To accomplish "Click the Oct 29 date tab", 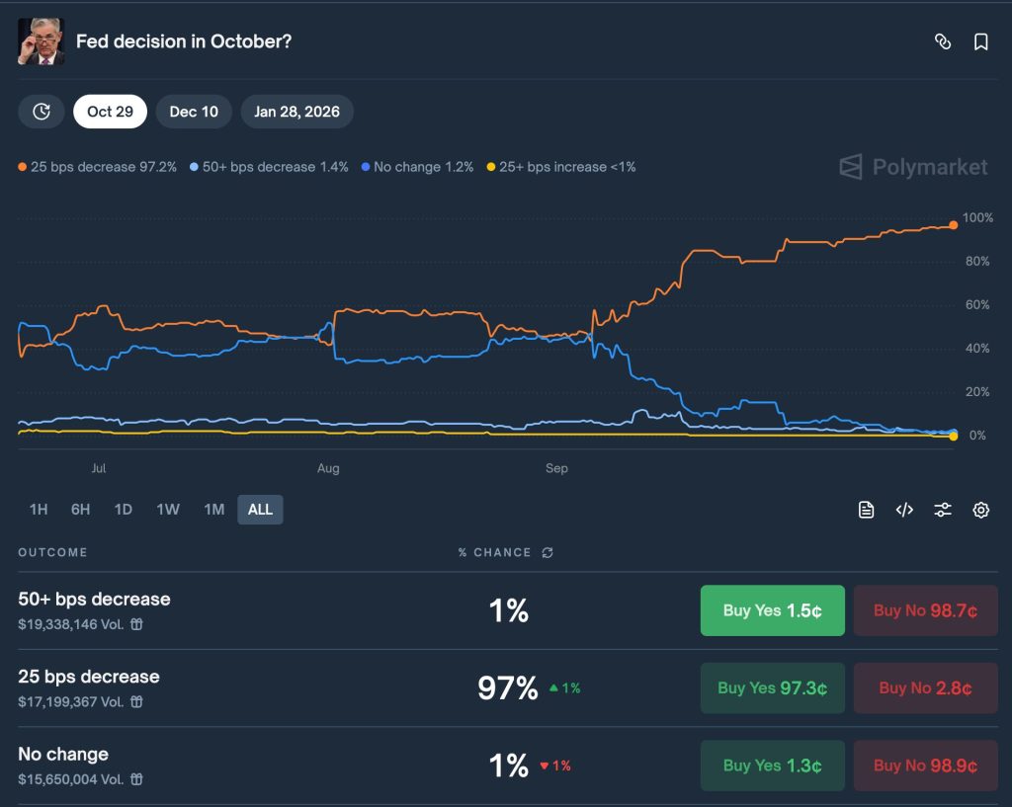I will click(110, 112).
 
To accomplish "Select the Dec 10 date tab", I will click(194, 112).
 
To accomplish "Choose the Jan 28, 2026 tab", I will click(296, 112).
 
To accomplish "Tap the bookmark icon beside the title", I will click(980, 41).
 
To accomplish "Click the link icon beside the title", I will click(943, 41).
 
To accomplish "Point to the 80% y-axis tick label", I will click(977, 262).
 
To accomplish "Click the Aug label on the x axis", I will click(328, 468).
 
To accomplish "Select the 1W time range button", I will click(168, 510).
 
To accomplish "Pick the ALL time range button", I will click(260, 510).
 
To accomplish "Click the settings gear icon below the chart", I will click(980, 510).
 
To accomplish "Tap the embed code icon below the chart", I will click(904, 510).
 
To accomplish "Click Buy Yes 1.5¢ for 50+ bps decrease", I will click(772, 610).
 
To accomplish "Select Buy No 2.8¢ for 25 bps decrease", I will click(925, 688).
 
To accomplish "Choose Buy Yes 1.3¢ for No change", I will click(772, 766).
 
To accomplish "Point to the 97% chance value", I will click(508, 688).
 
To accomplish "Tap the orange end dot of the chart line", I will click(954, 225).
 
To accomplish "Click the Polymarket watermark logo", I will click(913, 167).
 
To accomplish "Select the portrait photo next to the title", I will click(42, 41).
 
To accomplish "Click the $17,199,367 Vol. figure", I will click(72, 702).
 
